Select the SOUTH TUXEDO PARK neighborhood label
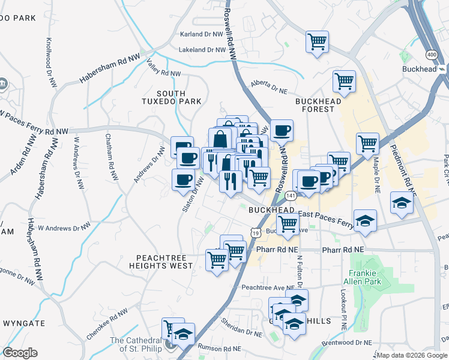(179, 97)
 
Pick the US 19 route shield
(255, 232)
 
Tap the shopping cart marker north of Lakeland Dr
(317, 42)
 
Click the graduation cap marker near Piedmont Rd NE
(402, 203)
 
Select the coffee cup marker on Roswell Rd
(282, 130)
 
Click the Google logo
(20, 353)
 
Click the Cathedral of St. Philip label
(137, 345)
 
